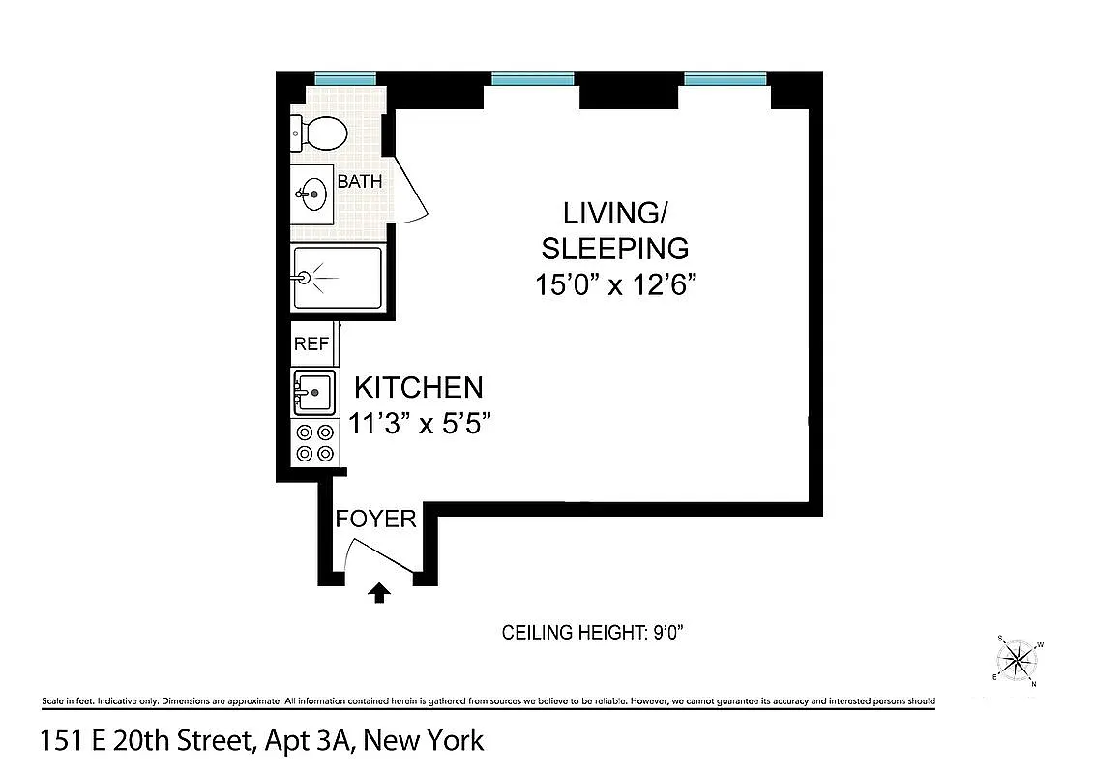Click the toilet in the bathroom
(320, 133)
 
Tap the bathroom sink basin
(312, 195)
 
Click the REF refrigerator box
(311, 344)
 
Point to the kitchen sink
(313, 393)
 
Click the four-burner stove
(314, 443)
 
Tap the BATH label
(359, 181)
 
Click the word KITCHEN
(418, 388)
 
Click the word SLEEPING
(615, 249)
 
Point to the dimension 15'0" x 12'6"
(615, 285)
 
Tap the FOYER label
(376, 519)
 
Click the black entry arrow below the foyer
(379, 593)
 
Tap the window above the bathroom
(345, 78)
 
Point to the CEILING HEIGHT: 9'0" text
(593, 633)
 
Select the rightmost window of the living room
(725, 78)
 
